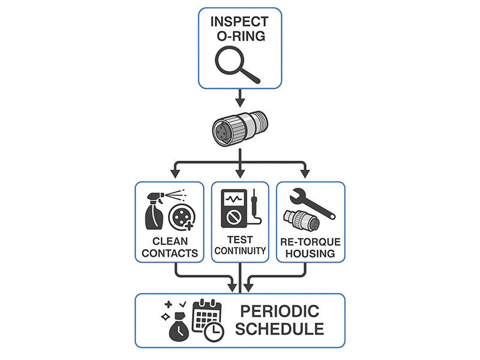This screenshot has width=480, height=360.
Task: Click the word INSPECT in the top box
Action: point(239,22)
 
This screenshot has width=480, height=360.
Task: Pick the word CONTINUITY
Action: point(239,251)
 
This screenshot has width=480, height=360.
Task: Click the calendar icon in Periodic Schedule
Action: point(206,314)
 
